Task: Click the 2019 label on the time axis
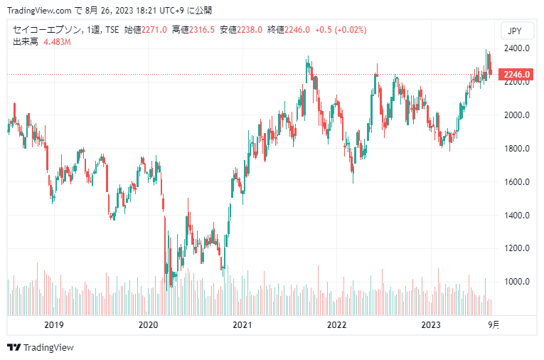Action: (x=54, y=325)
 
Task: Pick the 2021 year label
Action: (x=242, y=325)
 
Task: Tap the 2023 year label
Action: (x=431, y=325)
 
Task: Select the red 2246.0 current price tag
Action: (x=516, y=75)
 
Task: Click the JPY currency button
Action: (x=516, y=31)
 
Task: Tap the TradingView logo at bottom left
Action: (x=41, y=348)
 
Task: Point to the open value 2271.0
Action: (x=154, y=30)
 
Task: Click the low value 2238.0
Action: (x=250, y=30)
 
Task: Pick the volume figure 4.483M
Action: (x=58, y=42)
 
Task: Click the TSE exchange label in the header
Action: (x=112, y=30)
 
